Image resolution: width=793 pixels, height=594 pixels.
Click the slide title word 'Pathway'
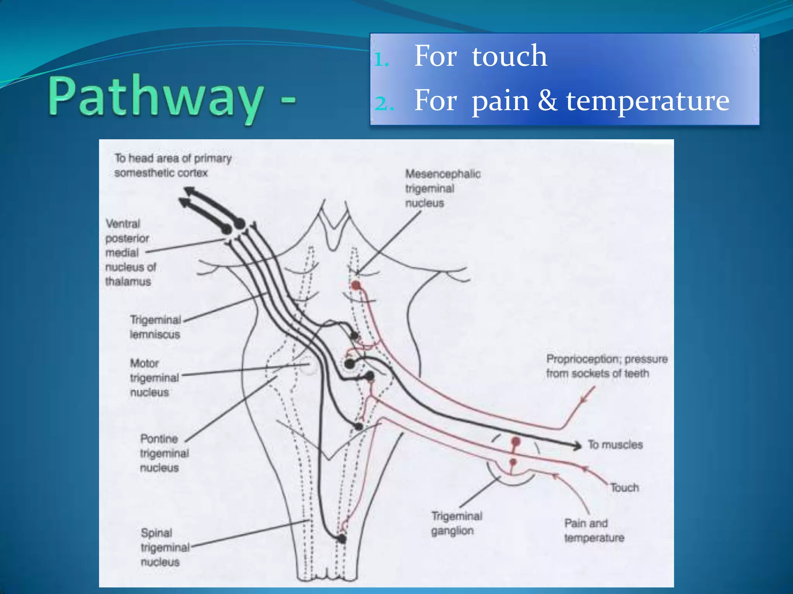coord(155,97)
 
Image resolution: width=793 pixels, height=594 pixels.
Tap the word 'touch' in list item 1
coord(509,56)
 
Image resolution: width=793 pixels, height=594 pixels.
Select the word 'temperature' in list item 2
coord(647,101)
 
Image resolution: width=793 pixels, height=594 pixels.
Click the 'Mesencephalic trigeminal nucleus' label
coord(443,188)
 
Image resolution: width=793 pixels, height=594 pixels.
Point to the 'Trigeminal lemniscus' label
coord(155,327)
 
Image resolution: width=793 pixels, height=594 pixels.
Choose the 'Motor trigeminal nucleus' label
coord(154,377)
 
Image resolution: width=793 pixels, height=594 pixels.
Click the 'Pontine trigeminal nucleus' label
coord(164,453)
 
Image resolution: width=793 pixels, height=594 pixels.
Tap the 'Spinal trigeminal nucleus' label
coord(165,547)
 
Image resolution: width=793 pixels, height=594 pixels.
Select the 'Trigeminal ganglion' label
coord(457,523)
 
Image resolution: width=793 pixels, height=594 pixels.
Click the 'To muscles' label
coord(615,445)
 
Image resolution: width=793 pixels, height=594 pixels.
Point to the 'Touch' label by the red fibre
coord(624,488)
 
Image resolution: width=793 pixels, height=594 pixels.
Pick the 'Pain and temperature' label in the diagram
coord(594,530)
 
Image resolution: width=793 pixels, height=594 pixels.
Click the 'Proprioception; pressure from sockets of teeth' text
coord(606,366)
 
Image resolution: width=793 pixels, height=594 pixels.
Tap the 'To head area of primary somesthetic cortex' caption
coord(172,165)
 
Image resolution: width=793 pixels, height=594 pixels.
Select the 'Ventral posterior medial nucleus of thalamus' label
coord(130,252)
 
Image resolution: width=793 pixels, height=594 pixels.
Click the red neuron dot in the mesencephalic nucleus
coord(355,286)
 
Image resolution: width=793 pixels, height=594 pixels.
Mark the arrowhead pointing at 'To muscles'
coord(577,445)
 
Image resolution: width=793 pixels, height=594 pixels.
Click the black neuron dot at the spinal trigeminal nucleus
coord(342,538)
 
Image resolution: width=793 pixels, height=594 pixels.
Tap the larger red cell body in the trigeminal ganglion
coord(515,442)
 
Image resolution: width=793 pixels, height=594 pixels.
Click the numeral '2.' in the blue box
coord(384,103)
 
